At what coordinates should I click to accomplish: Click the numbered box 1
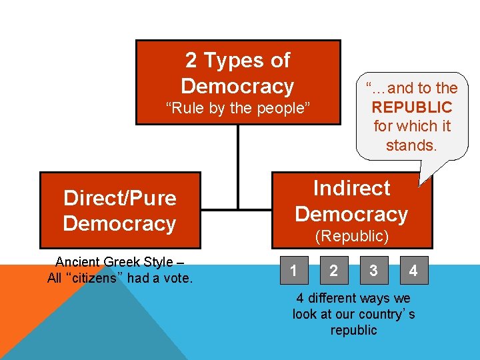pyautogui.click(x=294, y=271)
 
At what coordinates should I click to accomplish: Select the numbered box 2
pyautogui.click(x=333, y=271)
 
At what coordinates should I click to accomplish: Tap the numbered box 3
pyautogui.click(x=373, y=271)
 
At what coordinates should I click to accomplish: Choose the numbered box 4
pyautogui.click(x=413, y=271)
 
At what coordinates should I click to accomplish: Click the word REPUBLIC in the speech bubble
pyautogui.click(x=412, y=107)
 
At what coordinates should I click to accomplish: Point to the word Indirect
pyautogui.click(x=351, y=188)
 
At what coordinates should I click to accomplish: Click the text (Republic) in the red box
pyautogui.click(x=351, y=236)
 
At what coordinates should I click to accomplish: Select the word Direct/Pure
pyautogui.click(x=120, y=198)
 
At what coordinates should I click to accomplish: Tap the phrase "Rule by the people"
pyautogui.click(x=238, y=108)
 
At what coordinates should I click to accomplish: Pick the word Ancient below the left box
pyautogui.click(x=79, y=262)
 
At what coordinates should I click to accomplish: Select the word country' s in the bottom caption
pyautogui.click(x=386, y=314)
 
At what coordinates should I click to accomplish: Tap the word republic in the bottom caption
pyautogui.click(x=353, y=330)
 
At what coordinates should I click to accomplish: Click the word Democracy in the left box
pyautogui.click(x=119, y=224)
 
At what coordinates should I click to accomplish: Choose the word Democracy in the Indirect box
pyautogui.click(x=351, y=214)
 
